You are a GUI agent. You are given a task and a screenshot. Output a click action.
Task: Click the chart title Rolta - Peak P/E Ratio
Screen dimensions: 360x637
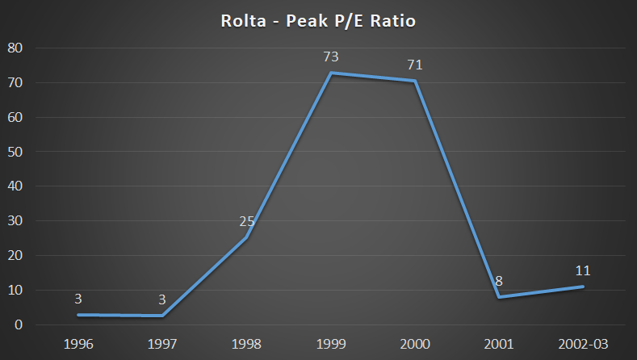coord(318,20)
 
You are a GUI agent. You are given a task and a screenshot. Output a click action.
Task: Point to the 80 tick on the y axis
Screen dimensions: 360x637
coord(16,48)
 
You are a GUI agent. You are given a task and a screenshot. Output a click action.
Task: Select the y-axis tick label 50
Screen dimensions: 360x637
coord(16,152)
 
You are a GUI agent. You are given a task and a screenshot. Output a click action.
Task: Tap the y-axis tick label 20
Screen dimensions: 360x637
coord(16,255)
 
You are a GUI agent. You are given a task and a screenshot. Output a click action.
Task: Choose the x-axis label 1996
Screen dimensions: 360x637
coord(78,345)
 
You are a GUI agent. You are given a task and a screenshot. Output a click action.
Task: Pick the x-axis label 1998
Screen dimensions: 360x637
coord(246,345)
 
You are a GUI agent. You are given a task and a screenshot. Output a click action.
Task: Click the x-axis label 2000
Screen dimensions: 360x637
coord(415,345)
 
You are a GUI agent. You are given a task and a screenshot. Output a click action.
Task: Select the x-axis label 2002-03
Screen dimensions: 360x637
coord(583,345)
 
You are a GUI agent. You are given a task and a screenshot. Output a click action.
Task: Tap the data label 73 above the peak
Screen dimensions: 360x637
coord(330,57)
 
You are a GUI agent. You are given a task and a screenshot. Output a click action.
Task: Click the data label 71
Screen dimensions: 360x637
coord(415,64)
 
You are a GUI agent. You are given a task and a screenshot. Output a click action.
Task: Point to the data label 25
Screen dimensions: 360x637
coord(246,221)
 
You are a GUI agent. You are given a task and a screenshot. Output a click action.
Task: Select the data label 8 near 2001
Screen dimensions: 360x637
coord(499,281)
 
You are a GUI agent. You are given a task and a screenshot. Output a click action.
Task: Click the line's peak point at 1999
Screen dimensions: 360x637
coord(330,73)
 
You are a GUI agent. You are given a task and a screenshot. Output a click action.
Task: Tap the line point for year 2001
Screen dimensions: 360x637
coord(499,297)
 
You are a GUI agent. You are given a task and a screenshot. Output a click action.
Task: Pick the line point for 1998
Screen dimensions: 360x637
coord(246,238)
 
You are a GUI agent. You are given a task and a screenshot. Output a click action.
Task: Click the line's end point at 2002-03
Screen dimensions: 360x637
coord(583,287)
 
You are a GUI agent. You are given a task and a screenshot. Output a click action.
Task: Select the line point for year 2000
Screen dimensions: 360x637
coord(415,81)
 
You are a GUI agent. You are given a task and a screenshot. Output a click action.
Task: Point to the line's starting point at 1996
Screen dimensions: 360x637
coord(78,314)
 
